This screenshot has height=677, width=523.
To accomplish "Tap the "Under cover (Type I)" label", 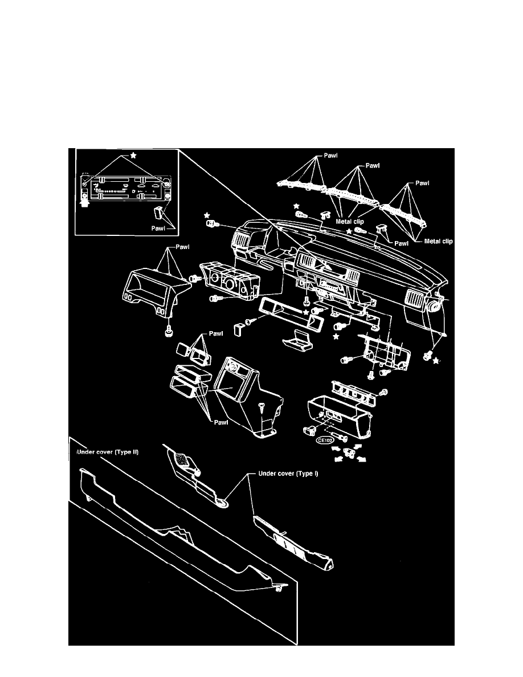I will coord(287,473).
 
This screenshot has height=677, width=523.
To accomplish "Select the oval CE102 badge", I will coord(326,441).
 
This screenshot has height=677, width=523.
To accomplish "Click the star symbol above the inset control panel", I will coord(133,155).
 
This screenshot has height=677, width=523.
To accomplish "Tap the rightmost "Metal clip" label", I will coord(439,241).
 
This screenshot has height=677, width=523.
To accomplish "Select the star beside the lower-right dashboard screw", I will coord(437,361).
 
